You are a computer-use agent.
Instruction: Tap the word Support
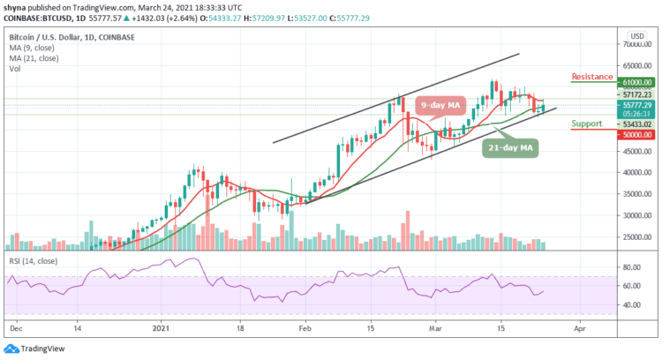588,124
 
